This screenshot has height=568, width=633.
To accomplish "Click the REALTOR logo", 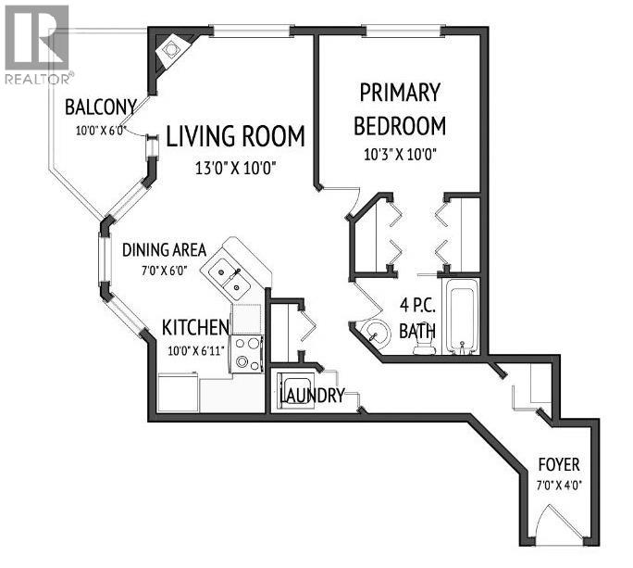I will click(x=36, y=44).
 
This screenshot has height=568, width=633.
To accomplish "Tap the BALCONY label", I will click(x=101, y=107).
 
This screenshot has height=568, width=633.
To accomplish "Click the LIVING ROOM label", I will click(x=235, y=137).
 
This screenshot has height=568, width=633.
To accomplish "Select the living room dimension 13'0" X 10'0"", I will click(x=235, y=169).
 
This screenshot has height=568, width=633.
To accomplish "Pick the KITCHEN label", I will click(x=195, y=327).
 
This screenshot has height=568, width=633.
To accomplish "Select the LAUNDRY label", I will click(x=312, y=397).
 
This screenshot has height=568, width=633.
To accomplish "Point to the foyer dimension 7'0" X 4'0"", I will click(x=561, y=485).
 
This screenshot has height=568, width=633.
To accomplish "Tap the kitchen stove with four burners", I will click(x=247, y=353).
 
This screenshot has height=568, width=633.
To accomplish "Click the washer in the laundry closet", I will click(x=297, y=387).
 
